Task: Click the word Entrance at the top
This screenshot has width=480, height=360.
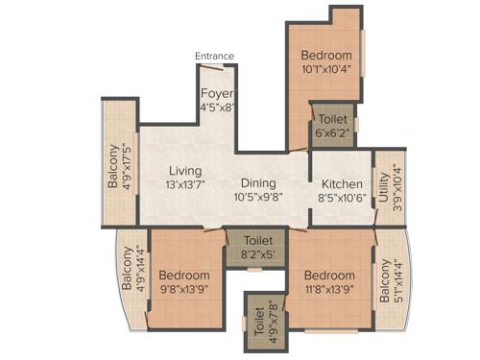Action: click(x=214, y=57)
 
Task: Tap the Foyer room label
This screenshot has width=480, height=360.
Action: click(x=217, y=94)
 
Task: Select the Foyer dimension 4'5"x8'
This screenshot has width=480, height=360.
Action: click(x=217, y=108)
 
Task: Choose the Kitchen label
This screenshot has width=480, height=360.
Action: click(x=341, y=184)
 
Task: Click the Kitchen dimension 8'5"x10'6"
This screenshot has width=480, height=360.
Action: click(x=341, y=199)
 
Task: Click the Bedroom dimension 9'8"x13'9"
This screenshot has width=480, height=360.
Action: click(x=183, y=286)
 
